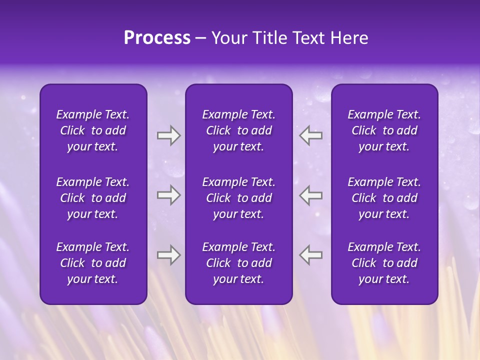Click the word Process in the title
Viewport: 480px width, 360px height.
[157, 38]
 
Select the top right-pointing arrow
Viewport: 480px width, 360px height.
[168, 135]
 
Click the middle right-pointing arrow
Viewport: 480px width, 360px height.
[168, 194]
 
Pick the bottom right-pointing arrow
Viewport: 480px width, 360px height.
[168, 255]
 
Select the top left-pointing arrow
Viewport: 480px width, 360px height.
[310, 135]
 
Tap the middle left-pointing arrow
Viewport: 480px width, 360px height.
[310, 194]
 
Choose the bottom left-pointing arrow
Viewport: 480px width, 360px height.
[310, 255]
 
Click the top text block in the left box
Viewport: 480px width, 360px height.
[93, 130]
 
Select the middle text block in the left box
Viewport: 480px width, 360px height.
[93, 198]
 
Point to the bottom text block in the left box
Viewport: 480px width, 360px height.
[93, 263]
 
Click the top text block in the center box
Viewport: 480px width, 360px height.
[238, 130]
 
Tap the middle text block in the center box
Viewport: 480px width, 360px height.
[238, 198]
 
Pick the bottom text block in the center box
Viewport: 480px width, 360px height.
[238, 263]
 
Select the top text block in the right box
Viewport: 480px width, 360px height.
[384, 130]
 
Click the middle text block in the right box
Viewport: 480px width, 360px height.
[384, 198]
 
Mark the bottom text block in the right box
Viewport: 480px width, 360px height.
[384, 263]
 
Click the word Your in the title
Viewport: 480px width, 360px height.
[227, 38]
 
